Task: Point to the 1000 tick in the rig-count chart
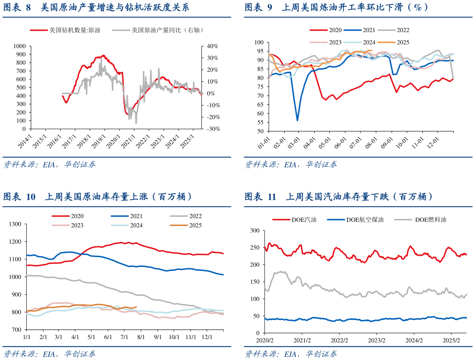(19, 46)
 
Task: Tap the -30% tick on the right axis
(212, 129)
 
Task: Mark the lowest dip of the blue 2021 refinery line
(297, 120)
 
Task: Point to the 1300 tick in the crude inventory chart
(16, 224)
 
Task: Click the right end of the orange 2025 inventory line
(136, 307)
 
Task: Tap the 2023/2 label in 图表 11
(377, 340)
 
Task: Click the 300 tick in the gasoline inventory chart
(254, 230)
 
